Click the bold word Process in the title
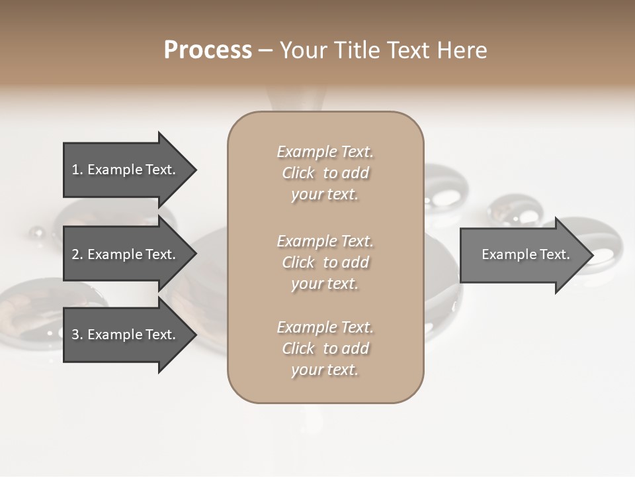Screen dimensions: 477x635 pos(208,50)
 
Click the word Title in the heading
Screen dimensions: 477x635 pos(359,50)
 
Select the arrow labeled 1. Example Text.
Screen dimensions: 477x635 pos(126,170)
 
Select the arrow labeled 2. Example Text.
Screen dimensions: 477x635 pos(126,254)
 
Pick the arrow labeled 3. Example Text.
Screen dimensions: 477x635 pos(126,335)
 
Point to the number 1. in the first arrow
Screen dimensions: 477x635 pos(77,170)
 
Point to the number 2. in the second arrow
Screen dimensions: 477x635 pos(77,254)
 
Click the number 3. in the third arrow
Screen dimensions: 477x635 pos(77,335)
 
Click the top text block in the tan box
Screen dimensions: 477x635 pos(325,173)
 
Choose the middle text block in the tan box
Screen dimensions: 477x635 pos(325,262)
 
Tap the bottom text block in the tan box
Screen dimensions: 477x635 pos(325,348)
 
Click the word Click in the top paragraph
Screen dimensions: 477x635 pos(298,173)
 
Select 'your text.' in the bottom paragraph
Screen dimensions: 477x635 pos(325,370)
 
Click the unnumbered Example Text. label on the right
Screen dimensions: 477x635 pos(525,254)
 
